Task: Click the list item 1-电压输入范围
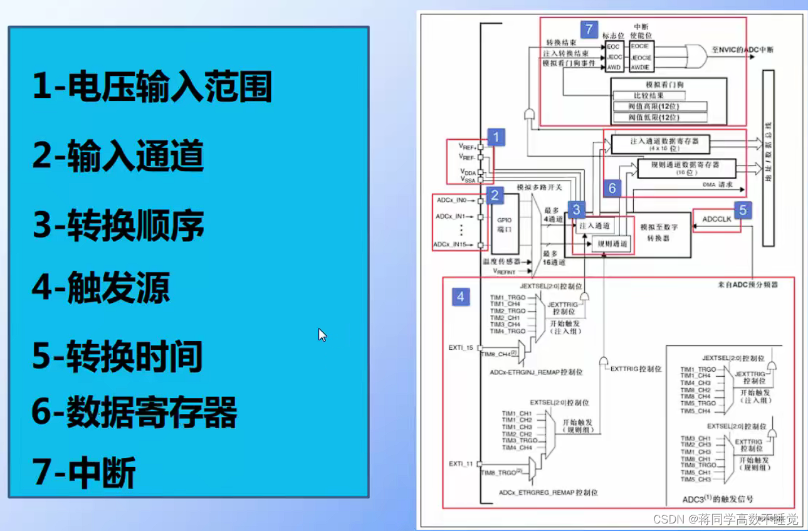[x=152, y=88]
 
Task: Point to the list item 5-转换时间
[x=117, y=356]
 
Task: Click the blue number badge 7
[x=588, y=29]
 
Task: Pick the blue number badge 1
[x=496, y=136]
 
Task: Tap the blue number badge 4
[x=461, y=296]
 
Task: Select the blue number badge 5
[x=742, y=210]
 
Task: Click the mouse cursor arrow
[x=322, y=335]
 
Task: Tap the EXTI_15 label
[x=461, y=347]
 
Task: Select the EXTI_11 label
[x=461, y=463]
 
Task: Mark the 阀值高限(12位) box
[x=659, y=107]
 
